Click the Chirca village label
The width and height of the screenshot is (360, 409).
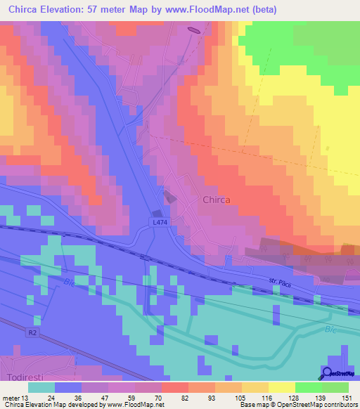point(217,200)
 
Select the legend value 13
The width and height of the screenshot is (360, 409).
point(27,398)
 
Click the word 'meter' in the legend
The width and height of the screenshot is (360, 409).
point(11,398)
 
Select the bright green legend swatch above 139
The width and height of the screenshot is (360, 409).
point(308,387)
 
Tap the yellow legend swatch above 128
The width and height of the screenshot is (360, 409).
point(281,387)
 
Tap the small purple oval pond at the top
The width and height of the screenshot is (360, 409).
point(194,30)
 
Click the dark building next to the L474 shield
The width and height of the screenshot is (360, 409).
point(157,214)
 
